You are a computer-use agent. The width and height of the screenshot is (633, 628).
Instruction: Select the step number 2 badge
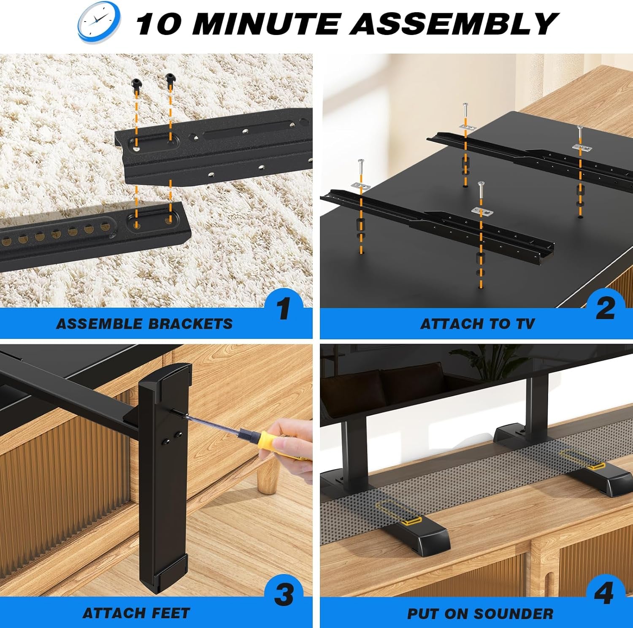pyautogui.click(x=605, y=309)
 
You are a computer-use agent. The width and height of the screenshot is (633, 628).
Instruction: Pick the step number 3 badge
pyautogui.click(x=284, y=596)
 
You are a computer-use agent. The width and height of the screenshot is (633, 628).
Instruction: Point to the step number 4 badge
pyautogui.click(x=603, y=593)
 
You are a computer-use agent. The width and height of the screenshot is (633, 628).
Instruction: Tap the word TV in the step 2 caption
pyautogui.click(x=525, y=324)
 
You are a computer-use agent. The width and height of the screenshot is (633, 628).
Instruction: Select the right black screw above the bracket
pyautogui.click(x=170, y=78)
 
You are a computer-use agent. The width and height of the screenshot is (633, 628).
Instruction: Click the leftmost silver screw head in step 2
pyautogui.click(x=361, y=162)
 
